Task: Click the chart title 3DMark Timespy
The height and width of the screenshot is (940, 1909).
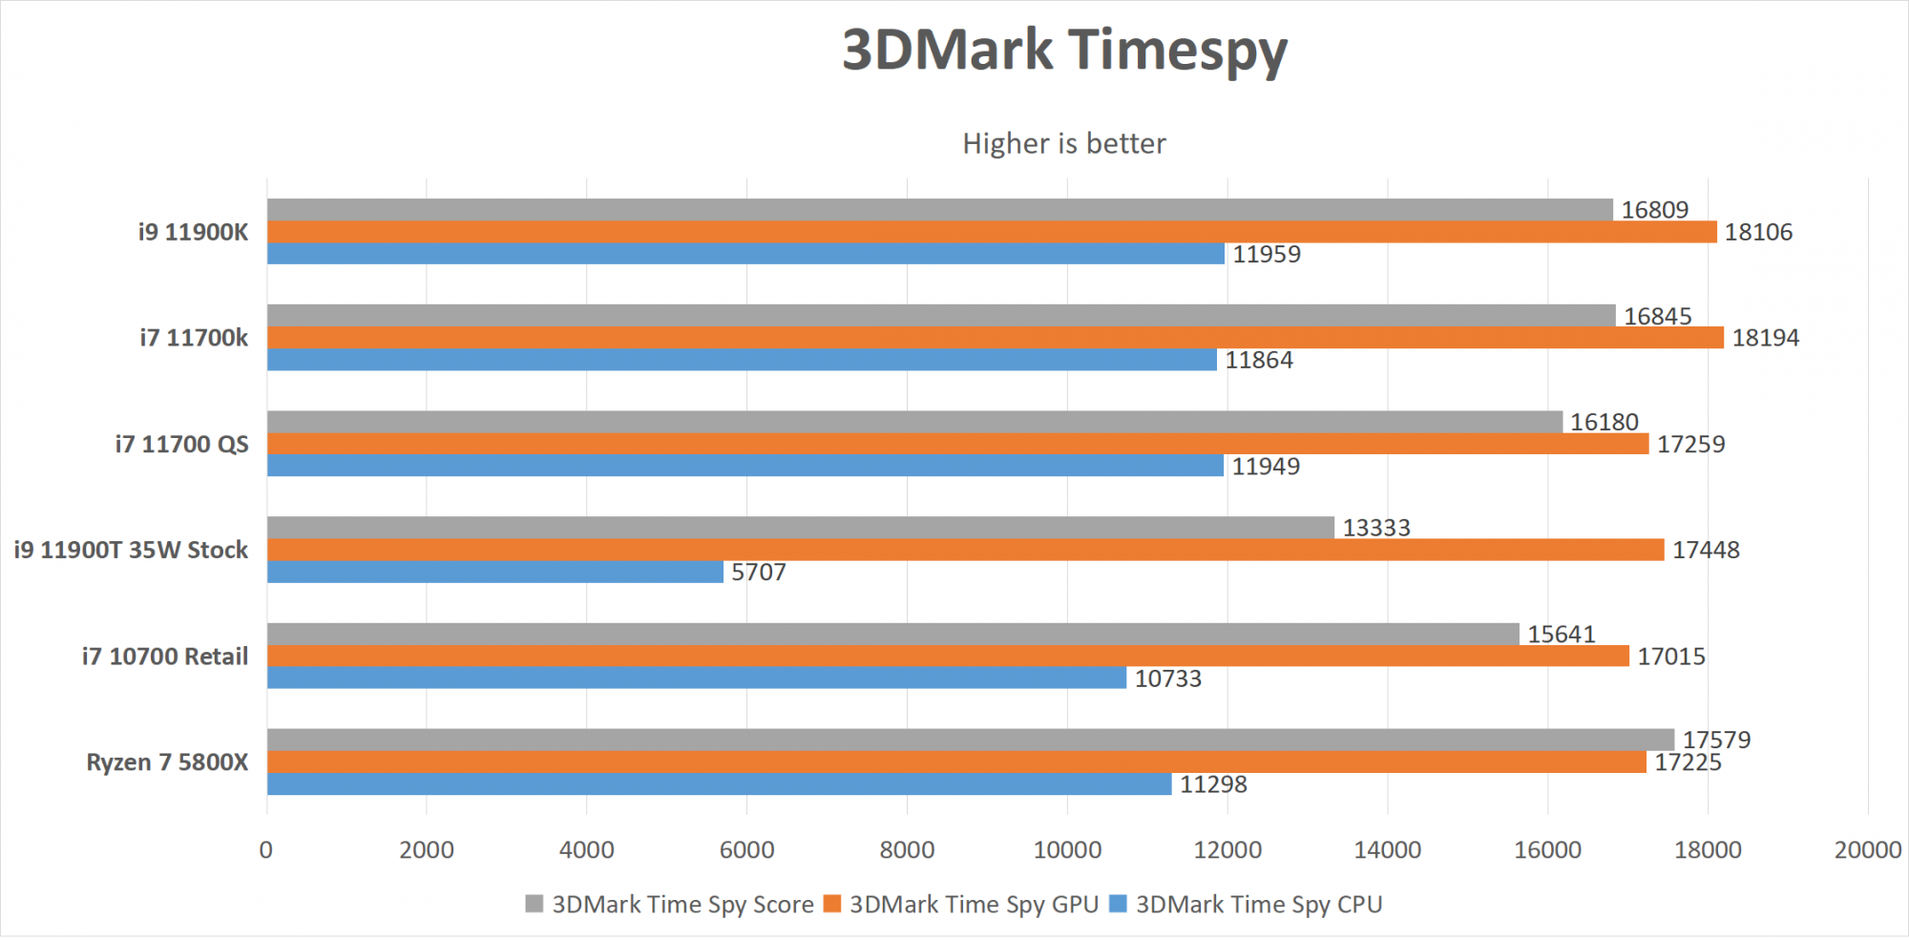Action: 1064,50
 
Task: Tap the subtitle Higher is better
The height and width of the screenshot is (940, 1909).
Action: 1063,143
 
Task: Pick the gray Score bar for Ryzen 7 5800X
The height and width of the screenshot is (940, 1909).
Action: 970,740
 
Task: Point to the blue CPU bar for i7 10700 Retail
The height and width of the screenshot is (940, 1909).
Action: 696,678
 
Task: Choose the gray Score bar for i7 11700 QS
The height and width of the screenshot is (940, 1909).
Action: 913,422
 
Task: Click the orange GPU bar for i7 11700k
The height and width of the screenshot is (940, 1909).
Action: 995,338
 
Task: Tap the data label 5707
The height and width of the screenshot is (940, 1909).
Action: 758,572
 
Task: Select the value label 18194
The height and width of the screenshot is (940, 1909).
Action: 1765,338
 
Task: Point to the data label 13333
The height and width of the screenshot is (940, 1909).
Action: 1375,528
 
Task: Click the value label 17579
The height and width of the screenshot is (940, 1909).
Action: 1715,740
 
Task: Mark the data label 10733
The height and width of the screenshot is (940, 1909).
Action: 1167,679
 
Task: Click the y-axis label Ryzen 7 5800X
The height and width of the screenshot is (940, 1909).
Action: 167,762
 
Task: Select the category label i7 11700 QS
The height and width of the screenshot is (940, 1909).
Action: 181,444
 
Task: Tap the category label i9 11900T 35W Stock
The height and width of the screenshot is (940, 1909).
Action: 131,550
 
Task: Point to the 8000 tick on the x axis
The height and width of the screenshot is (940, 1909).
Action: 907,849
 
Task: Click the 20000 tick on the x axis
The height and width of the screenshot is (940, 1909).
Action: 1867,849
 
